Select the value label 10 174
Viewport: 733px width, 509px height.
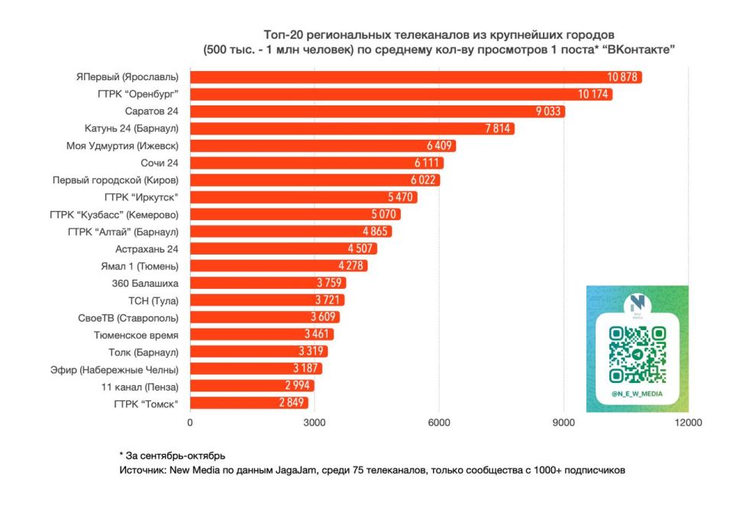point(594,95)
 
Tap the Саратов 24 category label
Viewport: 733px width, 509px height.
point(151,112)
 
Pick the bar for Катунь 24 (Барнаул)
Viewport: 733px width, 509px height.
point(351,128)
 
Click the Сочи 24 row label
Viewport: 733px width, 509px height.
point(160,163)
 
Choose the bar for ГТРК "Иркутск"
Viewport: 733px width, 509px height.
point(303,197)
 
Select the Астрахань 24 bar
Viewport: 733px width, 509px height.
point(283,248)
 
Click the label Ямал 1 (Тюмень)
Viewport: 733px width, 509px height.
point(145,266)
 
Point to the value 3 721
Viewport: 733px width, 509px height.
point(330,300)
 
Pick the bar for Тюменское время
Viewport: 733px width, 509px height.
point(261,335)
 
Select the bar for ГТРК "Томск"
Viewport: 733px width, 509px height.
point(248,403)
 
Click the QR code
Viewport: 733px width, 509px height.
point(637,354)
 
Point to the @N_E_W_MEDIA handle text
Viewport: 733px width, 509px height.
point(637,394)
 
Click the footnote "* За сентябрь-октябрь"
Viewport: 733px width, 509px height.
point(172,456)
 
